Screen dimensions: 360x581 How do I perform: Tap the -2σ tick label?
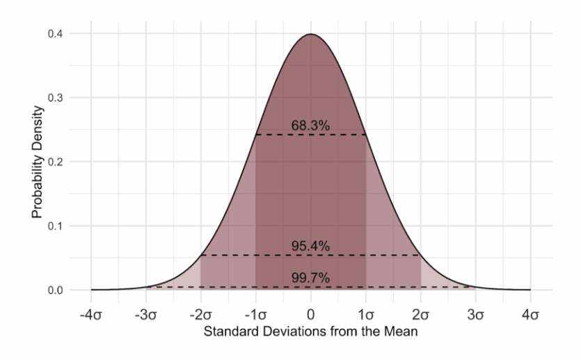click(200, 315)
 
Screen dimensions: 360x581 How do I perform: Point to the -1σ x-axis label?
click(255, 315)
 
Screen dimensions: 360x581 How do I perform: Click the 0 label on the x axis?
click(311, 315)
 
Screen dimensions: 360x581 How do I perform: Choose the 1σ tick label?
click(366, 315)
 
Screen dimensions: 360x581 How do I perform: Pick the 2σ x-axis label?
click(421, 315)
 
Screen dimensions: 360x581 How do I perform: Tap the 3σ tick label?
click(476, 315)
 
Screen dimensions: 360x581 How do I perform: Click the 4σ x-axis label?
click(531, 315)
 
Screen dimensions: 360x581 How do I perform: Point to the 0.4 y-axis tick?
click(55, 33)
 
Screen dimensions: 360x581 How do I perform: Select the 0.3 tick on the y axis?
click(55, 97)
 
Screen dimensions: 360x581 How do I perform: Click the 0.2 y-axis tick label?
click(55, 162)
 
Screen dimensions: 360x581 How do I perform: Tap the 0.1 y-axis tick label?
click(55, 226)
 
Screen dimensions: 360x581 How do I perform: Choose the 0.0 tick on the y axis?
click(55, 290)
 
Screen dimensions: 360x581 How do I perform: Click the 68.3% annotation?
click(310, 125)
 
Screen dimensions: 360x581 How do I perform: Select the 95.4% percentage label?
click(310, 246)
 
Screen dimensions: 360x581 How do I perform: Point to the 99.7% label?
click(310, 279)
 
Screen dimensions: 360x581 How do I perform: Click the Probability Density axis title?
click(37, 162)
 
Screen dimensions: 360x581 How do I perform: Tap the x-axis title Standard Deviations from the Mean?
click(310, 332)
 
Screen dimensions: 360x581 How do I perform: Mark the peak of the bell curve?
click(311, 34)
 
